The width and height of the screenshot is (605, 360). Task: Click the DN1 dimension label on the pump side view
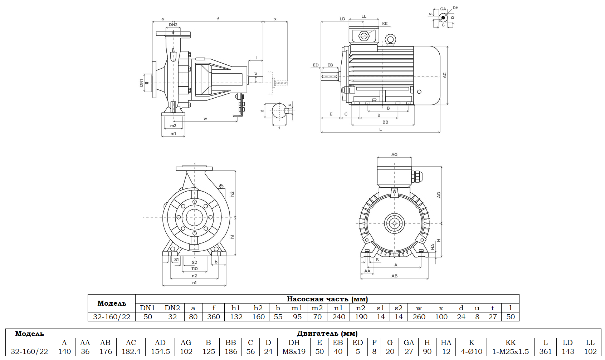(x=141, y=83)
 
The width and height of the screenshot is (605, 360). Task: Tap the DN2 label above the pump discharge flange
(x=173, y=25)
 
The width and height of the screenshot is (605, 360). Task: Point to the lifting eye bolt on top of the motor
(x=390, y=40)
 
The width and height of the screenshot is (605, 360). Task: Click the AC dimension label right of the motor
(x=445, y=75)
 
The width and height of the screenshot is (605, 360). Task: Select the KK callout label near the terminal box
(x=385, y=24)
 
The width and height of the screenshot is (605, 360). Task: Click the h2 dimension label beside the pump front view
(x=232, y=194)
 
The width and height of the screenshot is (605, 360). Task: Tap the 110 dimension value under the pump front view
(x=194, y=268)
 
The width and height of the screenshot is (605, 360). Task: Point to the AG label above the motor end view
(x=394, y=154)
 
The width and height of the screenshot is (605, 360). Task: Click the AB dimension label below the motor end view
(x=394, y=276)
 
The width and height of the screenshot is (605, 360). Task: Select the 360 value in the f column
(x=214, y=317)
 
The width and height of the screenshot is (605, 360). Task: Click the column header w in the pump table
(x=419, y=308)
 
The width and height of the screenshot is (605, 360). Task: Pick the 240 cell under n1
(x=338, y=317)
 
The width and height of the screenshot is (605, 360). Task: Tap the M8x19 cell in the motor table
(x=294, y=351)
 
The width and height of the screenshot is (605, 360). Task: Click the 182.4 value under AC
(x=131, y=351)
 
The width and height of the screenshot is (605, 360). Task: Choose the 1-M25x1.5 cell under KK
(x=511, y=351)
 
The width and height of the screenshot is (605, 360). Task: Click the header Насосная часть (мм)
(x=327, y=299)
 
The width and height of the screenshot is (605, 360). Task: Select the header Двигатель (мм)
(x=327, y=333)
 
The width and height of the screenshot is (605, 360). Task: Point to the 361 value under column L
(x=545, y=351)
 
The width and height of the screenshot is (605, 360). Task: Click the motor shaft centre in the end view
(x=395, y=223)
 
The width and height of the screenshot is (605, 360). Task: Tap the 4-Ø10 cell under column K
(x=472, y=351)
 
